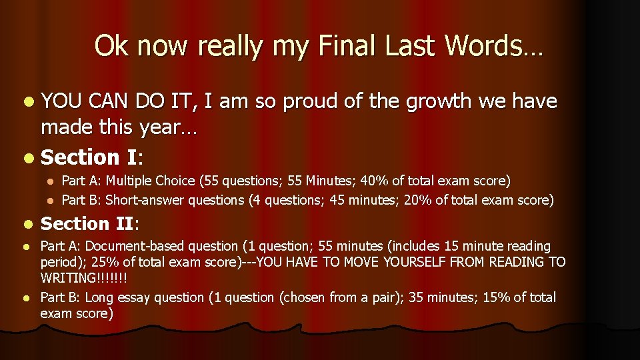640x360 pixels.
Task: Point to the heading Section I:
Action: pyautogui.click(x=93, y=157)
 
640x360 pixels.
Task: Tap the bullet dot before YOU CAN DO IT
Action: pyautogui.click(x=26, y=102)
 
